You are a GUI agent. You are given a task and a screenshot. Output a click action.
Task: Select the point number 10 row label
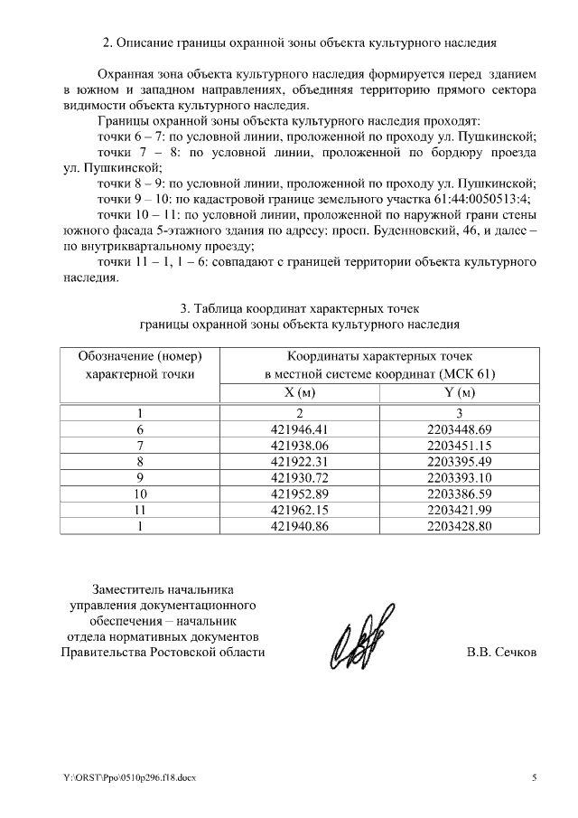139,494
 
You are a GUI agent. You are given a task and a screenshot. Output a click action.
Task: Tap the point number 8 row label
139,462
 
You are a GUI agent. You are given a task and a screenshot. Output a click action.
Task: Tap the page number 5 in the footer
533,777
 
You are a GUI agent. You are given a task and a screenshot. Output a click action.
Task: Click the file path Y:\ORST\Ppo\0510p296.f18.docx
129,777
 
